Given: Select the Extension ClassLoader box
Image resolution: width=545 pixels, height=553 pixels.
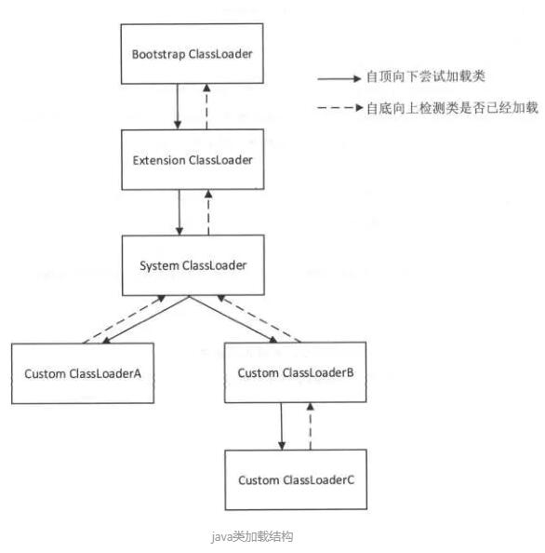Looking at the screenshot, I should (x=192, y=160).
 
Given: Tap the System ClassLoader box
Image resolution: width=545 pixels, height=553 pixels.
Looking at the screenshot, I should (x=192, y=265).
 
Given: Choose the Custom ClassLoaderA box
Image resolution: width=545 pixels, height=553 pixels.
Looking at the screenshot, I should (x=84, y=373).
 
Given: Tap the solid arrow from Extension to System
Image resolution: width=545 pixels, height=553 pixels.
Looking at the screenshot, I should (x=177, y=213).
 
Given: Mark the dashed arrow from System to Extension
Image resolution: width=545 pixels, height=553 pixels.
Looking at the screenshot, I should (x=208, y=213).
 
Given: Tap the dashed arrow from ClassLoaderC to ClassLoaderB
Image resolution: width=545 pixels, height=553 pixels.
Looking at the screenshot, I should (x=311, y=426).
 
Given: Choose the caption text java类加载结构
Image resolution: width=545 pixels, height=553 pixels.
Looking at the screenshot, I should (x=254, y=536).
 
